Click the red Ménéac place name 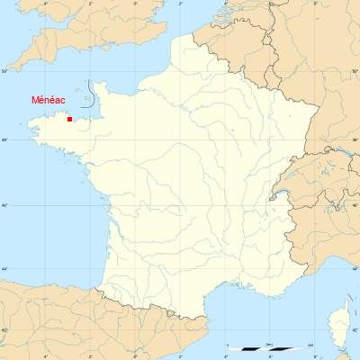click(48, 100)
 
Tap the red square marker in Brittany click(69, 119)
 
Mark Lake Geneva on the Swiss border click(287, 190)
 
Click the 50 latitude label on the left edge click(4, 71)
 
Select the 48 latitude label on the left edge click(4, 139)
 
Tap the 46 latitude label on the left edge click(4, 206)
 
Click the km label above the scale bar click(269, 344)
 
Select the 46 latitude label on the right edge click(355, 206)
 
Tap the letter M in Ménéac click(36, 100)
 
